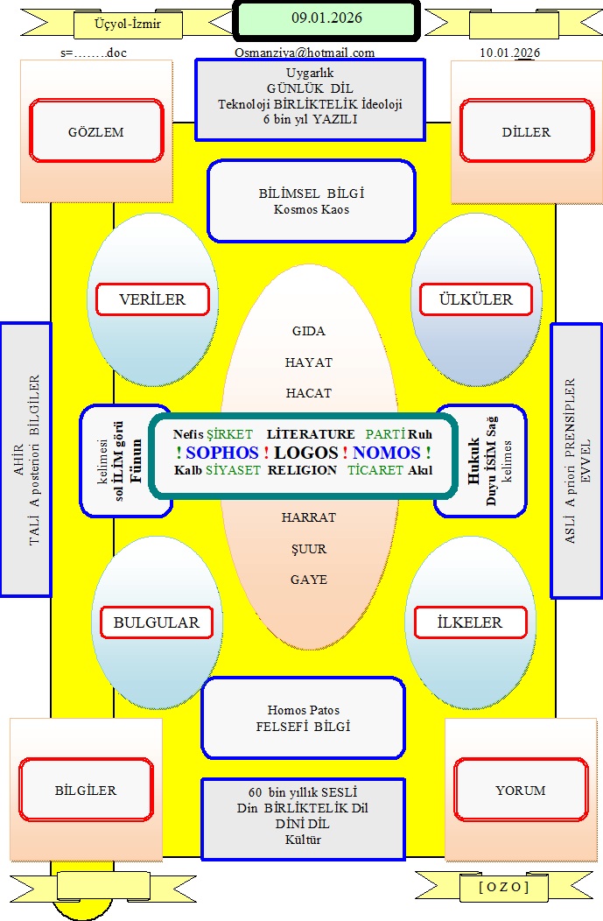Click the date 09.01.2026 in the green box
pos(326,18)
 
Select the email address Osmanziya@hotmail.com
pos(305,53)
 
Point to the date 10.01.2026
pos(509,53)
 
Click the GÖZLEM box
pos(96,132)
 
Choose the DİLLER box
pos(527,132)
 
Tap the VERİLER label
pos(152,299)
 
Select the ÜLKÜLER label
pos(477,299)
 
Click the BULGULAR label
pos(157,623)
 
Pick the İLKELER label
pos(470,623)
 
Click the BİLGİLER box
pos(86,790)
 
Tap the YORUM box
pos(520,790)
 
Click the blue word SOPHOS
pos(222,453)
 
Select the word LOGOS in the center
pos(305,453)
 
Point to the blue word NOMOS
pos(387,453)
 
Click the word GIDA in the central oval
pos(309,331)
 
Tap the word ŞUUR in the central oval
pos(309,549)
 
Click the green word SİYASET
pos(234,470)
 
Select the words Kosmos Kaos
pos(311,210)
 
